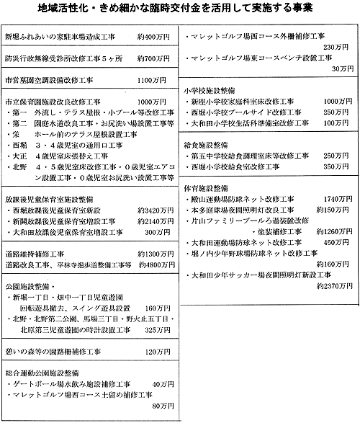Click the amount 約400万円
coord(153,36)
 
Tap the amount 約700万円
coord(153,55)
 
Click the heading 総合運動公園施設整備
coord(45,373)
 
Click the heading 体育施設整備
coord(206,187)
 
